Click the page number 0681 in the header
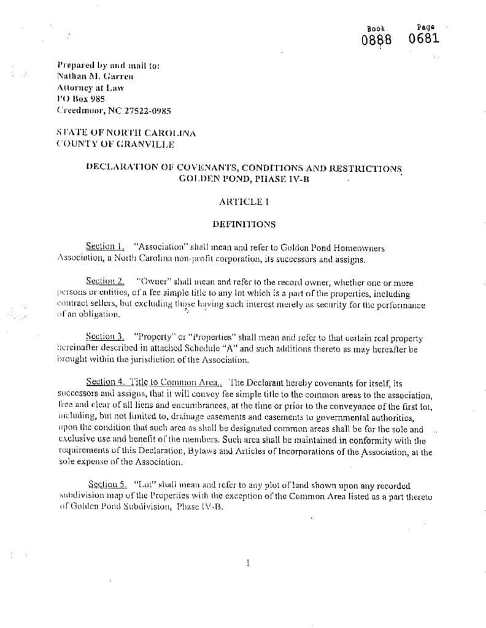coord(424,39)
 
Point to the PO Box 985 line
coord(80,99)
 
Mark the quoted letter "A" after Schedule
coord(210,349)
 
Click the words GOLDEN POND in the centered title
coord(206,178)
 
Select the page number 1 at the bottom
coord(247,562)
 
